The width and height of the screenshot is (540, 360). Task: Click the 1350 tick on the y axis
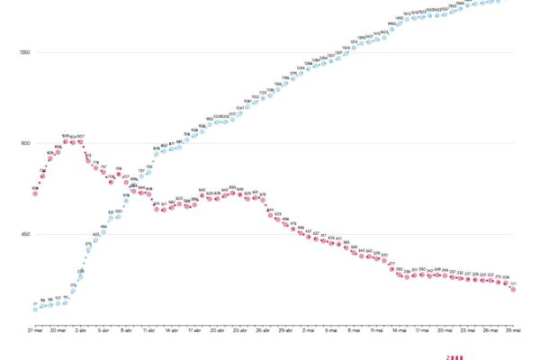click(24, 52)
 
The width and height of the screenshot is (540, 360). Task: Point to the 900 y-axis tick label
click(25, 144)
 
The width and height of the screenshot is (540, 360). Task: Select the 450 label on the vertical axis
click(25, 235)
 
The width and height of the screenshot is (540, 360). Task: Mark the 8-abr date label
click(125, 330)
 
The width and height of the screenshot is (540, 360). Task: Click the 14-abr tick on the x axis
click(171, 330)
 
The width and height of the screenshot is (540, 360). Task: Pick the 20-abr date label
click(217, 330)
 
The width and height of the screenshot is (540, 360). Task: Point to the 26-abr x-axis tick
click(263, 330)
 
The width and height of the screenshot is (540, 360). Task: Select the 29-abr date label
click(285, 330)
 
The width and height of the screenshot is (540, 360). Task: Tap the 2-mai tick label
click(309, 330)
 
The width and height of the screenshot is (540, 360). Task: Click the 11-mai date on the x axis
click(377, 330)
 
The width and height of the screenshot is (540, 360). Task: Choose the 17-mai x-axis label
click(422, 330)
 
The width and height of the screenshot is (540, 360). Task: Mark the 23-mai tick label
click(468, 330)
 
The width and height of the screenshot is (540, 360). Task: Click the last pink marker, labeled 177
click(513, 289)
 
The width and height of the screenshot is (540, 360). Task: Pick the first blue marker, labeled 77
click(35, 309)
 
